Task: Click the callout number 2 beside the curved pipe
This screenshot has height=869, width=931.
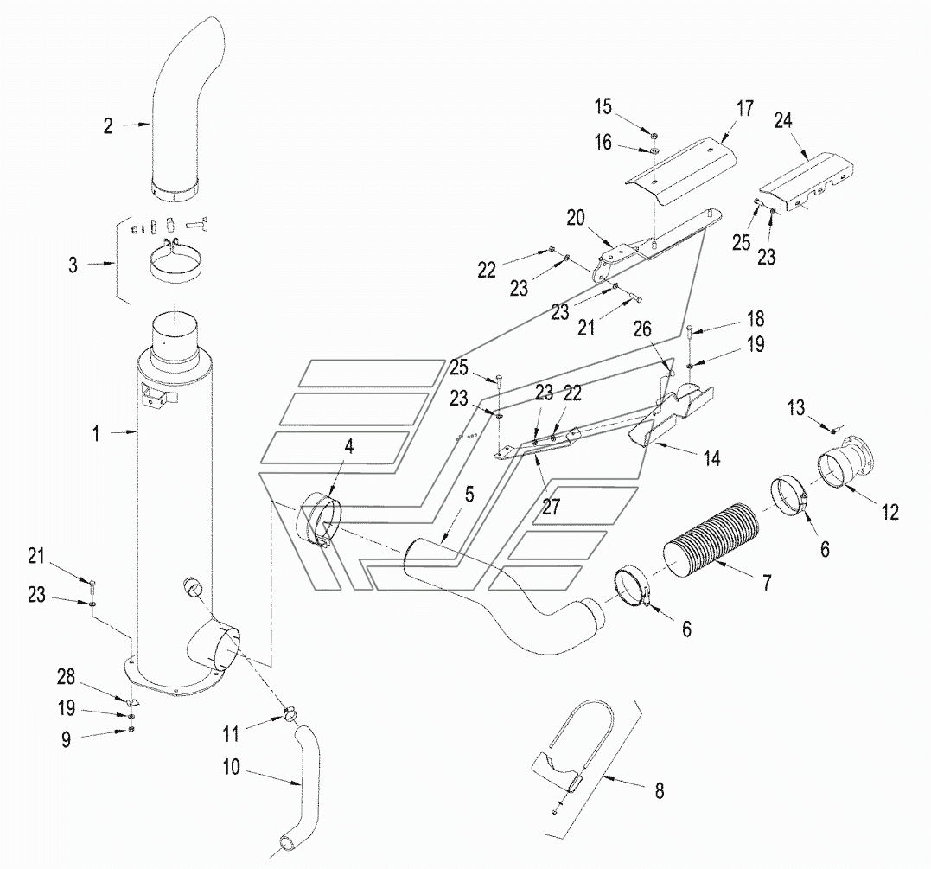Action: point(108,126)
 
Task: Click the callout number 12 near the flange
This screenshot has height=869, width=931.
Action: point(890,513)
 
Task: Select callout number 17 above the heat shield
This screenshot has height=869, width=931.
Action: point(745,109)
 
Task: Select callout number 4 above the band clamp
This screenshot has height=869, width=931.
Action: point(349,446)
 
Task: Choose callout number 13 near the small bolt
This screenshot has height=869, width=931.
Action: point(795,408)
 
